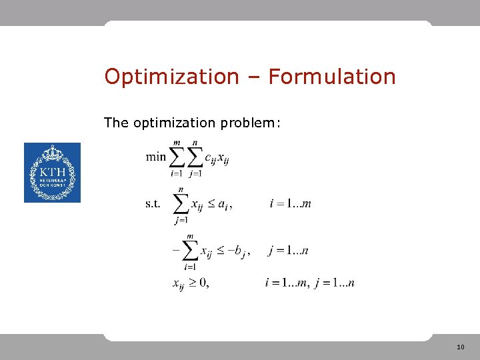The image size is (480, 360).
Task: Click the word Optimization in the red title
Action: [x=171, y=77]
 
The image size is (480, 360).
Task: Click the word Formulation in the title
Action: [x=332, y=77]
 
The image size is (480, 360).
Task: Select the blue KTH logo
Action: [x=52, y=173]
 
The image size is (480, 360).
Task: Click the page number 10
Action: [x=460, y=347]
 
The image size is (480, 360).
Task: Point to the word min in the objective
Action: [x=155, y=157]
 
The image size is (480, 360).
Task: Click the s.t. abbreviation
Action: [x=153, y=203]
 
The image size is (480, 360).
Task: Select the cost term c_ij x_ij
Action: [x=217, y=158]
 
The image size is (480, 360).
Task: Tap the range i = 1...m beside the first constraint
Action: [x=290, y=203]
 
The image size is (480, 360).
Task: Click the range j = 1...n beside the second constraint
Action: [x=288, y=251]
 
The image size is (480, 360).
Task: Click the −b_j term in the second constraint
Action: [x=237, y=251]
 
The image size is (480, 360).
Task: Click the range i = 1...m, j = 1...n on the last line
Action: [x=309, y=283]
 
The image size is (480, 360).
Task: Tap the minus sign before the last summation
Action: [x=176, y=251]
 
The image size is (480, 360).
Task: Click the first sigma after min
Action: [x=177, y=158]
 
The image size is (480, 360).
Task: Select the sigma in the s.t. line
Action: [x=180, y=204]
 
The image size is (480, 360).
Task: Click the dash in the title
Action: [x=253, y=77]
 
